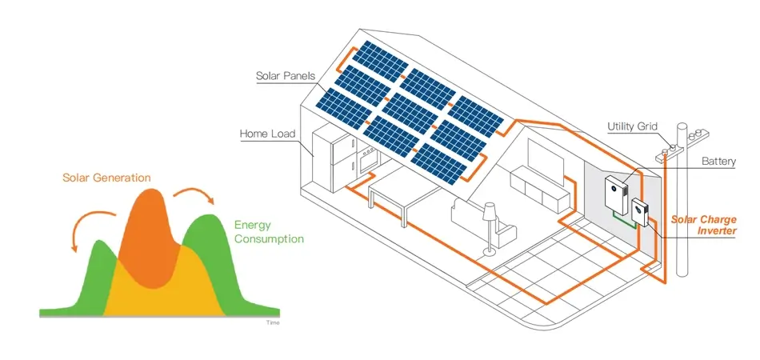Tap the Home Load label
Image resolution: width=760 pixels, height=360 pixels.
267,134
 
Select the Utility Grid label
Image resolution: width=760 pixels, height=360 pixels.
632,126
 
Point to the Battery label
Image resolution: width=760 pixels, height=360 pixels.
718,162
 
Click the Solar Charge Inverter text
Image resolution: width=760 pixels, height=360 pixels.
703,225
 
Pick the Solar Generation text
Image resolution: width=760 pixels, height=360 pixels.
106,177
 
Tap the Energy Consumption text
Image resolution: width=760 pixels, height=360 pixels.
269,232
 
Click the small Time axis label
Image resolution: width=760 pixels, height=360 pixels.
272,322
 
